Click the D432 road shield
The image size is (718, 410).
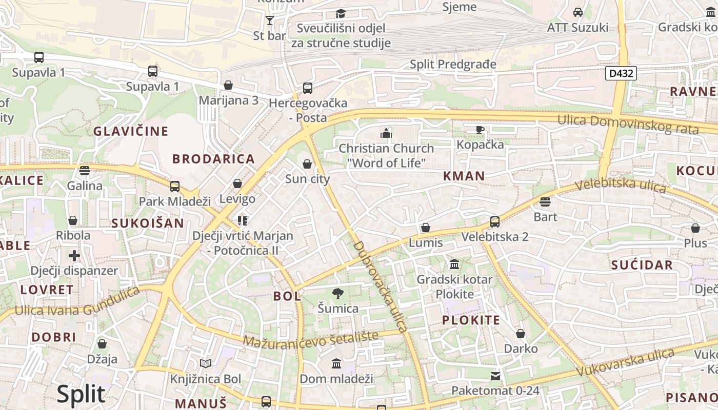pyautogui.click(x=621, y=73)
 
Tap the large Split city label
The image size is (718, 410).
pyautogui.click(x=81, y=394)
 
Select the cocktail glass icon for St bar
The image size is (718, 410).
pyautogui.click(x=270, y=20)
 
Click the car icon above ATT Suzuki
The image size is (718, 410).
pyautogui.click(x=578, y=12)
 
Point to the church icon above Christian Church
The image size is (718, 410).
pyautogui.click(x=386, y=134)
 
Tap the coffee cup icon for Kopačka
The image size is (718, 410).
pyautogui.click(x=480, y=130)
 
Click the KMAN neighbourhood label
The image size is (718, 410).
pyautogui.click(x=464, y=176)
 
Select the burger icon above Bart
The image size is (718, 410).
pyautogui.click(x=545, y=202)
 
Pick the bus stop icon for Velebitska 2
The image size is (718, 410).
pyautogui.click(x=494, y=222)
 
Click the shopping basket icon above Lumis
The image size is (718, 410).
pyautogui.click(x=425, y=228)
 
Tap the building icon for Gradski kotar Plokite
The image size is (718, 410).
pyautogui.click(x=454, y=264)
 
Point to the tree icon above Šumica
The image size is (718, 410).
pyautogui.click(x=337, y=294)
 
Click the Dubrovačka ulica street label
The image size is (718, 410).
pyautogui.click(x=380, y=286)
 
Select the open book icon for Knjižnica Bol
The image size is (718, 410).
pyautogui.click(x=206, y=364)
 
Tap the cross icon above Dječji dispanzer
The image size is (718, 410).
pyautogui.click(x=74, y=255)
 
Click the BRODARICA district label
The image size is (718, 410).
pyautogui.click(x=213, y=159)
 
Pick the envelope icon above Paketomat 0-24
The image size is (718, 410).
pyautogui.click(x=495, y=376)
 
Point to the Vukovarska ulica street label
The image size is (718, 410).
pyautogui.click(x=625, y=362)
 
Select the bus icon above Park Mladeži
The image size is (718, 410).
pyautogui.click(x=175, y=186)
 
